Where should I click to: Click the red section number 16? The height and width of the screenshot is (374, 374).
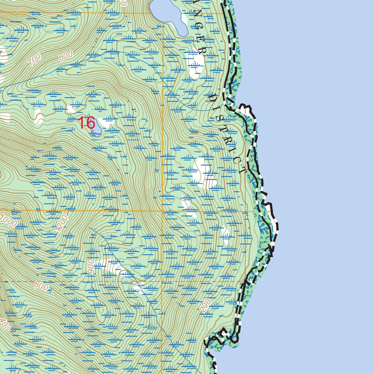point(87,123)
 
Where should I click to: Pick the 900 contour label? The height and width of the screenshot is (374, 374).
point(91,267)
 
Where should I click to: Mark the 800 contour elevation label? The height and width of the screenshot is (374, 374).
point(41,286)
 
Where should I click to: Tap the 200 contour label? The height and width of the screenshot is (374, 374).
point(206,308)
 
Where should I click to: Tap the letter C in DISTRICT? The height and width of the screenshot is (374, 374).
point(239,161)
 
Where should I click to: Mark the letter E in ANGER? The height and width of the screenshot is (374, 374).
point(198,40)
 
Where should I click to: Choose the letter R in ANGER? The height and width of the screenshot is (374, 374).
point(201,51)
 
